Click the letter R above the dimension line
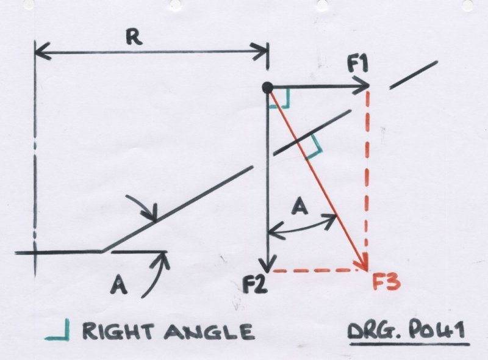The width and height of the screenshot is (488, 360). coord(134,38)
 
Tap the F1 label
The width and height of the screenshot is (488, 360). coord(357,65)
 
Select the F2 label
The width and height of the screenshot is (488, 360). coord(255,283)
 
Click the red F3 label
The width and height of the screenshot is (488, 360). coord(386,282)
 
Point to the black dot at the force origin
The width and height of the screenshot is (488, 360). coord(267,88)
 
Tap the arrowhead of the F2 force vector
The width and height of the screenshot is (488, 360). coord(268,264)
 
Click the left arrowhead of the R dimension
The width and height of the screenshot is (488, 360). coord(40,51)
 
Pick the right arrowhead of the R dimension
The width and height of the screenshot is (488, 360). coord(262,51)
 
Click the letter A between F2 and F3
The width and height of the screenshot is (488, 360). coord(300,207)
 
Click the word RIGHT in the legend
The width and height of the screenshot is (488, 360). coord(118,331)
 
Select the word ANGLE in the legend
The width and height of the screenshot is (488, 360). coord(209,332)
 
